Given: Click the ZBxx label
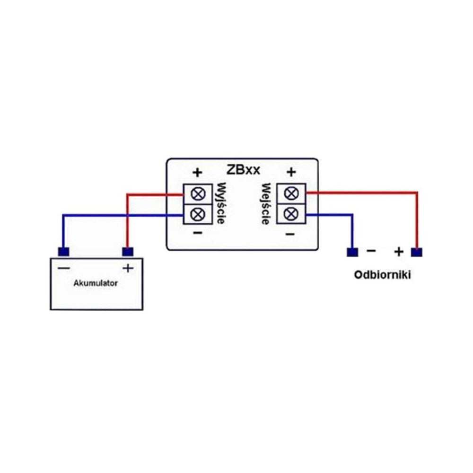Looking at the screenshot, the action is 243,170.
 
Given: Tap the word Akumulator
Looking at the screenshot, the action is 96,283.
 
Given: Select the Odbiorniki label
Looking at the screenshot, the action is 382,275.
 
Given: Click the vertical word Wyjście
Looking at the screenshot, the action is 221,203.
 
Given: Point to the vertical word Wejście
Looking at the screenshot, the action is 266,204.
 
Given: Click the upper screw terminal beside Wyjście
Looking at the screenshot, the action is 198,194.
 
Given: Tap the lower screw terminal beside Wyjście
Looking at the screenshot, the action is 198,214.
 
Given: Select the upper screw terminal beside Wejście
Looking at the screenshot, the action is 291,193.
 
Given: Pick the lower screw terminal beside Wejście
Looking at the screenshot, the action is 291,214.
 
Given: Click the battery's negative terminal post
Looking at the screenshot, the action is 63,252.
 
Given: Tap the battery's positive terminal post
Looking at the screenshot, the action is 128,252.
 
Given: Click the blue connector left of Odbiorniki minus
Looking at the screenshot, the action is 352,252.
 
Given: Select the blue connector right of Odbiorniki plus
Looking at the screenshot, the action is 417,252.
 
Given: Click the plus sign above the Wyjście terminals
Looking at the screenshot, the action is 197,173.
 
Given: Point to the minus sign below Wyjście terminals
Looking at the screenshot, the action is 198,233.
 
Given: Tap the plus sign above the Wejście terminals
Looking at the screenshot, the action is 291,172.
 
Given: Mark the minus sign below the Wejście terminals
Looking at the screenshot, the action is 290,234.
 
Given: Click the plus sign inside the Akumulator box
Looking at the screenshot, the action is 128,268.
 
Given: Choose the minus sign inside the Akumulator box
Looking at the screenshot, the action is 64,268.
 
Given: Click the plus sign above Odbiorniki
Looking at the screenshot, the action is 399,252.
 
